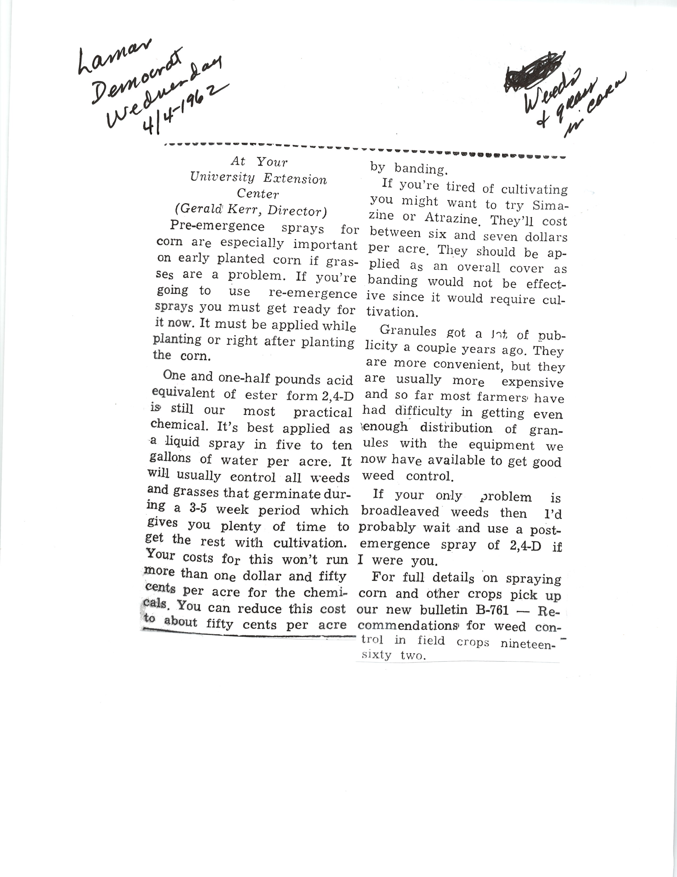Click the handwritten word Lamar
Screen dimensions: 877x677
(x=114, y=57)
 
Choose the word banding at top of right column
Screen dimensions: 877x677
(x=421, y=169)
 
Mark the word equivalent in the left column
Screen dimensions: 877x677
(x=183, y=393)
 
